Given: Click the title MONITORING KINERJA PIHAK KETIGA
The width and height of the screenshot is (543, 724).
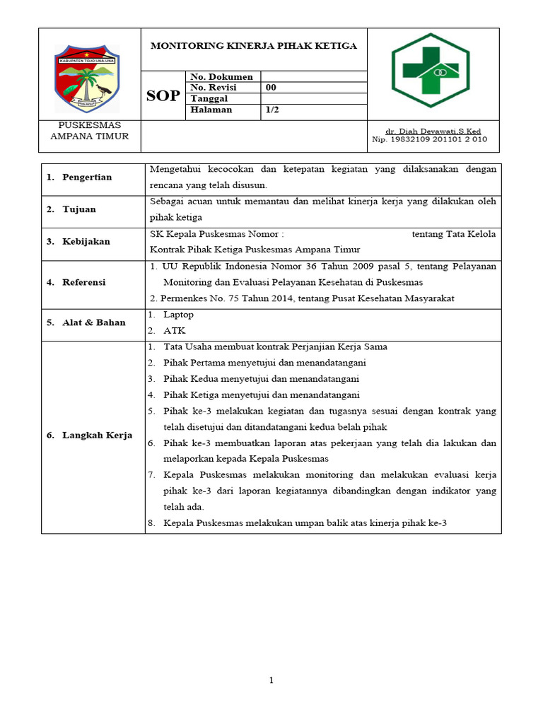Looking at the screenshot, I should (254, 46).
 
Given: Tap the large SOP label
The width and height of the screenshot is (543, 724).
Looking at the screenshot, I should (163, 96).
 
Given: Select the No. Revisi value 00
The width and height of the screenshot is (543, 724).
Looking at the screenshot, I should (271, 88).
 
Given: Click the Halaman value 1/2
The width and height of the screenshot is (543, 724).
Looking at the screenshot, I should (272, 110).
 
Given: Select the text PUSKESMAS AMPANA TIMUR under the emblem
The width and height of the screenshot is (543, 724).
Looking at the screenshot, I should (89, 131).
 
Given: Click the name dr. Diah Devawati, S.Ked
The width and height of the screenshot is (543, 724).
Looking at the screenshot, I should (433, 132).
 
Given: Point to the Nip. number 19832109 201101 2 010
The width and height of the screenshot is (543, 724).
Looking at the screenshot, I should (429, 139).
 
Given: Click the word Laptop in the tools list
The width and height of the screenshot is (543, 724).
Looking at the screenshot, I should (178, 315).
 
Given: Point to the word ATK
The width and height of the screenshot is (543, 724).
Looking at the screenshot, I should (174, 330).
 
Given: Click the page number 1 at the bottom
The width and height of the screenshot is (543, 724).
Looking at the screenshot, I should (271, 680).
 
